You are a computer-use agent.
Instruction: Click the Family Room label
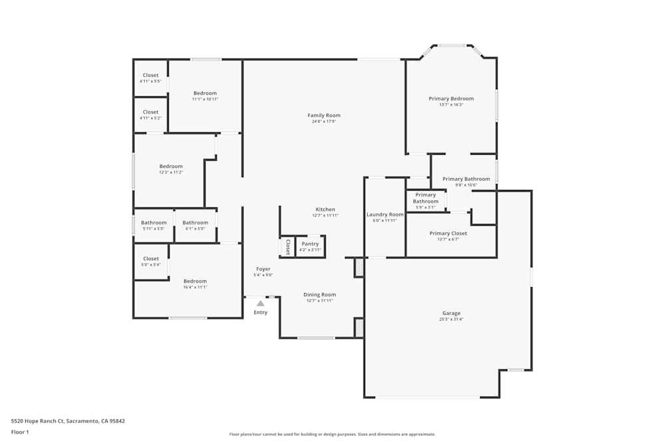(x=324, y=116)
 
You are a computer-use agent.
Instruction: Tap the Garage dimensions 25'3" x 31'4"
(x=452, y=319)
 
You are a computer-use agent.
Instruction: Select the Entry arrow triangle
(x=260, y=304)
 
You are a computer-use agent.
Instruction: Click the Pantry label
(x=310, y=244)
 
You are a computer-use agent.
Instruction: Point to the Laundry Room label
(x=385, y=215)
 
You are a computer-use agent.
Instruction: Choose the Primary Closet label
(x=448, y=233)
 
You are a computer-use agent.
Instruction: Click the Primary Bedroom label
(x=450, y=98)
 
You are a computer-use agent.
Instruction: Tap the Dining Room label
(x=320, y=294)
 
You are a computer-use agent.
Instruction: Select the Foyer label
(x=263, y=269)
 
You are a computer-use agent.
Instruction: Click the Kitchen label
(x=325, y=209)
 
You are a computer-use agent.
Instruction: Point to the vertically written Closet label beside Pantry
(x=287, y=247)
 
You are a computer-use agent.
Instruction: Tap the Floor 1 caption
(x=20, y=432)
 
